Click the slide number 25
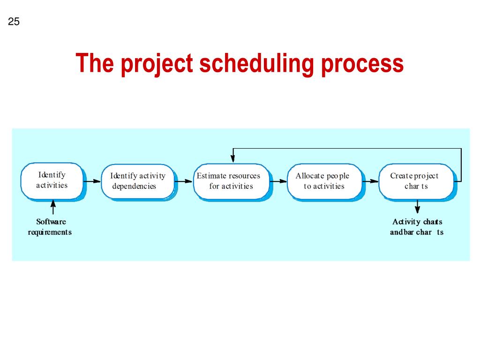(x=14, y=22)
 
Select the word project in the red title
(x=157, y=64)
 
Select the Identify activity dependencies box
(x=137, y=181)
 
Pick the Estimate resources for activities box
(x=231, y=181)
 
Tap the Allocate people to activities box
(x=322, y=181)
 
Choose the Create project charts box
(x=415, y=181)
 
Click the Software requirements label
(x=50, y=227)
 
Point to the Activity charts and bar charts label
(x=417, y=227)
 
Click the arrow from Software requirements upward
(x=53, y=207)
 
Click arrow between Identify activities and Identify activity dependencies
(x=92, y=181)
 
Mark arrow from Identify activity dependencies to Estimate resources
(x=184, y=181)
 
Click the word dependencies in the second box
(x=134, y=186)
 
